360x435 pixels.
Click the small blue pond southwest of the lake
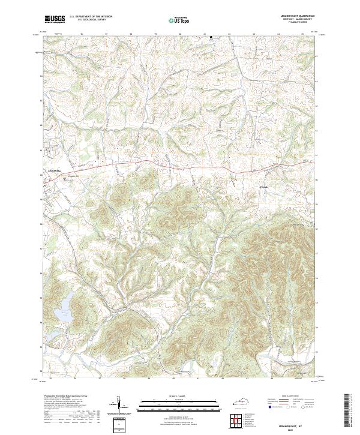(53, 334)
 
